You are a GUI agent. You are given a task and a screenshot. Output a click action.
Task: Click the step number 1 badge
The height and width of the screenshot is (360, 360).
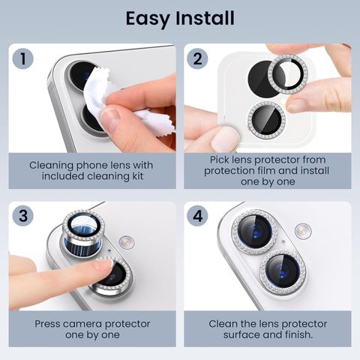[22, 58]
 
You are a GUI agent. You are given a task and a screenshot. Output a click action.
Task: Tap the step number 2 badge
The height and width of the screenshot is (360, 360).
[197, 58]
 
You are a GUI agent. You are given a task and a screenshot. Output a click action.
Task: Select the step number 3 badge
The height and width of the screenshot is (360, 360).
[22, 216]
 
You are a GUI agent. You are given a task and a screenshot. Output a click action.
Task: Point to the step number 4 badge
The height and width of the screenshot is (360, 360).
[197, 216]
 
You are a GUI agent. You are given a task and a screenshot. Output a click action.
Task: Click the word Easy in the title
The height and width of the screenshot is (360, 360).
[147, 19]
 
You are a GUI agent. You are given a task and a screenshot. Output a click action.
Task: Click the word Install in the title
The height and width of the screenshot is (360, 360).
[205, 18]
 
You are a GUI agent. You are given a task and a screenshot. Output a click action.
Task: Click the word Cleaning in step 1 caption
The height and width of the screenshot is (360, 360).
[51, 165]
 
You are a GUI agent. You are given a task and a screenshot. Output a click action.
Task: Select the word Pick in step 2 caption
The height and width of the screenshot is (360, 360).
[218, 160]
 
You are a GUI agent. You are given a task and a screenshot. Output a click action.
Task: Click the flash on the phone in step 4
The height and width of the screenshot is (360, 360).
[303, 231]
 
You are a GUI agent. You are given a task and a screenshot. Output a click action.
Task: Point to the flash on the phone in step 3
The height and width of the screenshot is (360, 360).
[127, 242]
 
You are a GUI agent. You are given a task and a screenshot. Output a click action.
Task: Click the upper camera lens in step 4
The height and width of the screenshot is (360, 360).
[255, 232]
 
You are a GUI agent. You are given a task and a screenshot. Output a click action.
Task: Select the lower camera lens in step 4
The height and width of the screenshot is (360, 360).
[283, 271]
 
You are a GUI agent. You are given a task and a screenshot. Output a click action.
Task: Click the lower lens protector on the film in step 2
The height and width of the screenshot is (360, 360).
[266, 120]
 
